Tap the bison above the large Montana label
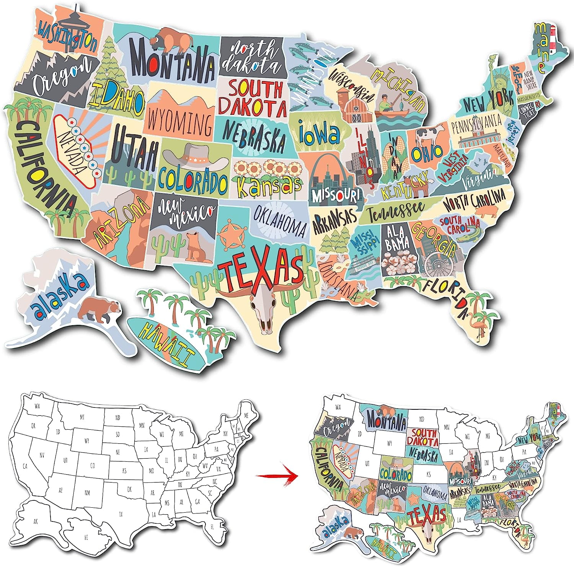(x=171, y=39)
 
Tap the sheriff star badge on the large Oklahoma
(x=231, y=234)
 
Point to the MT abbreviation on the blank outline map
(x=82, y=418)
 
